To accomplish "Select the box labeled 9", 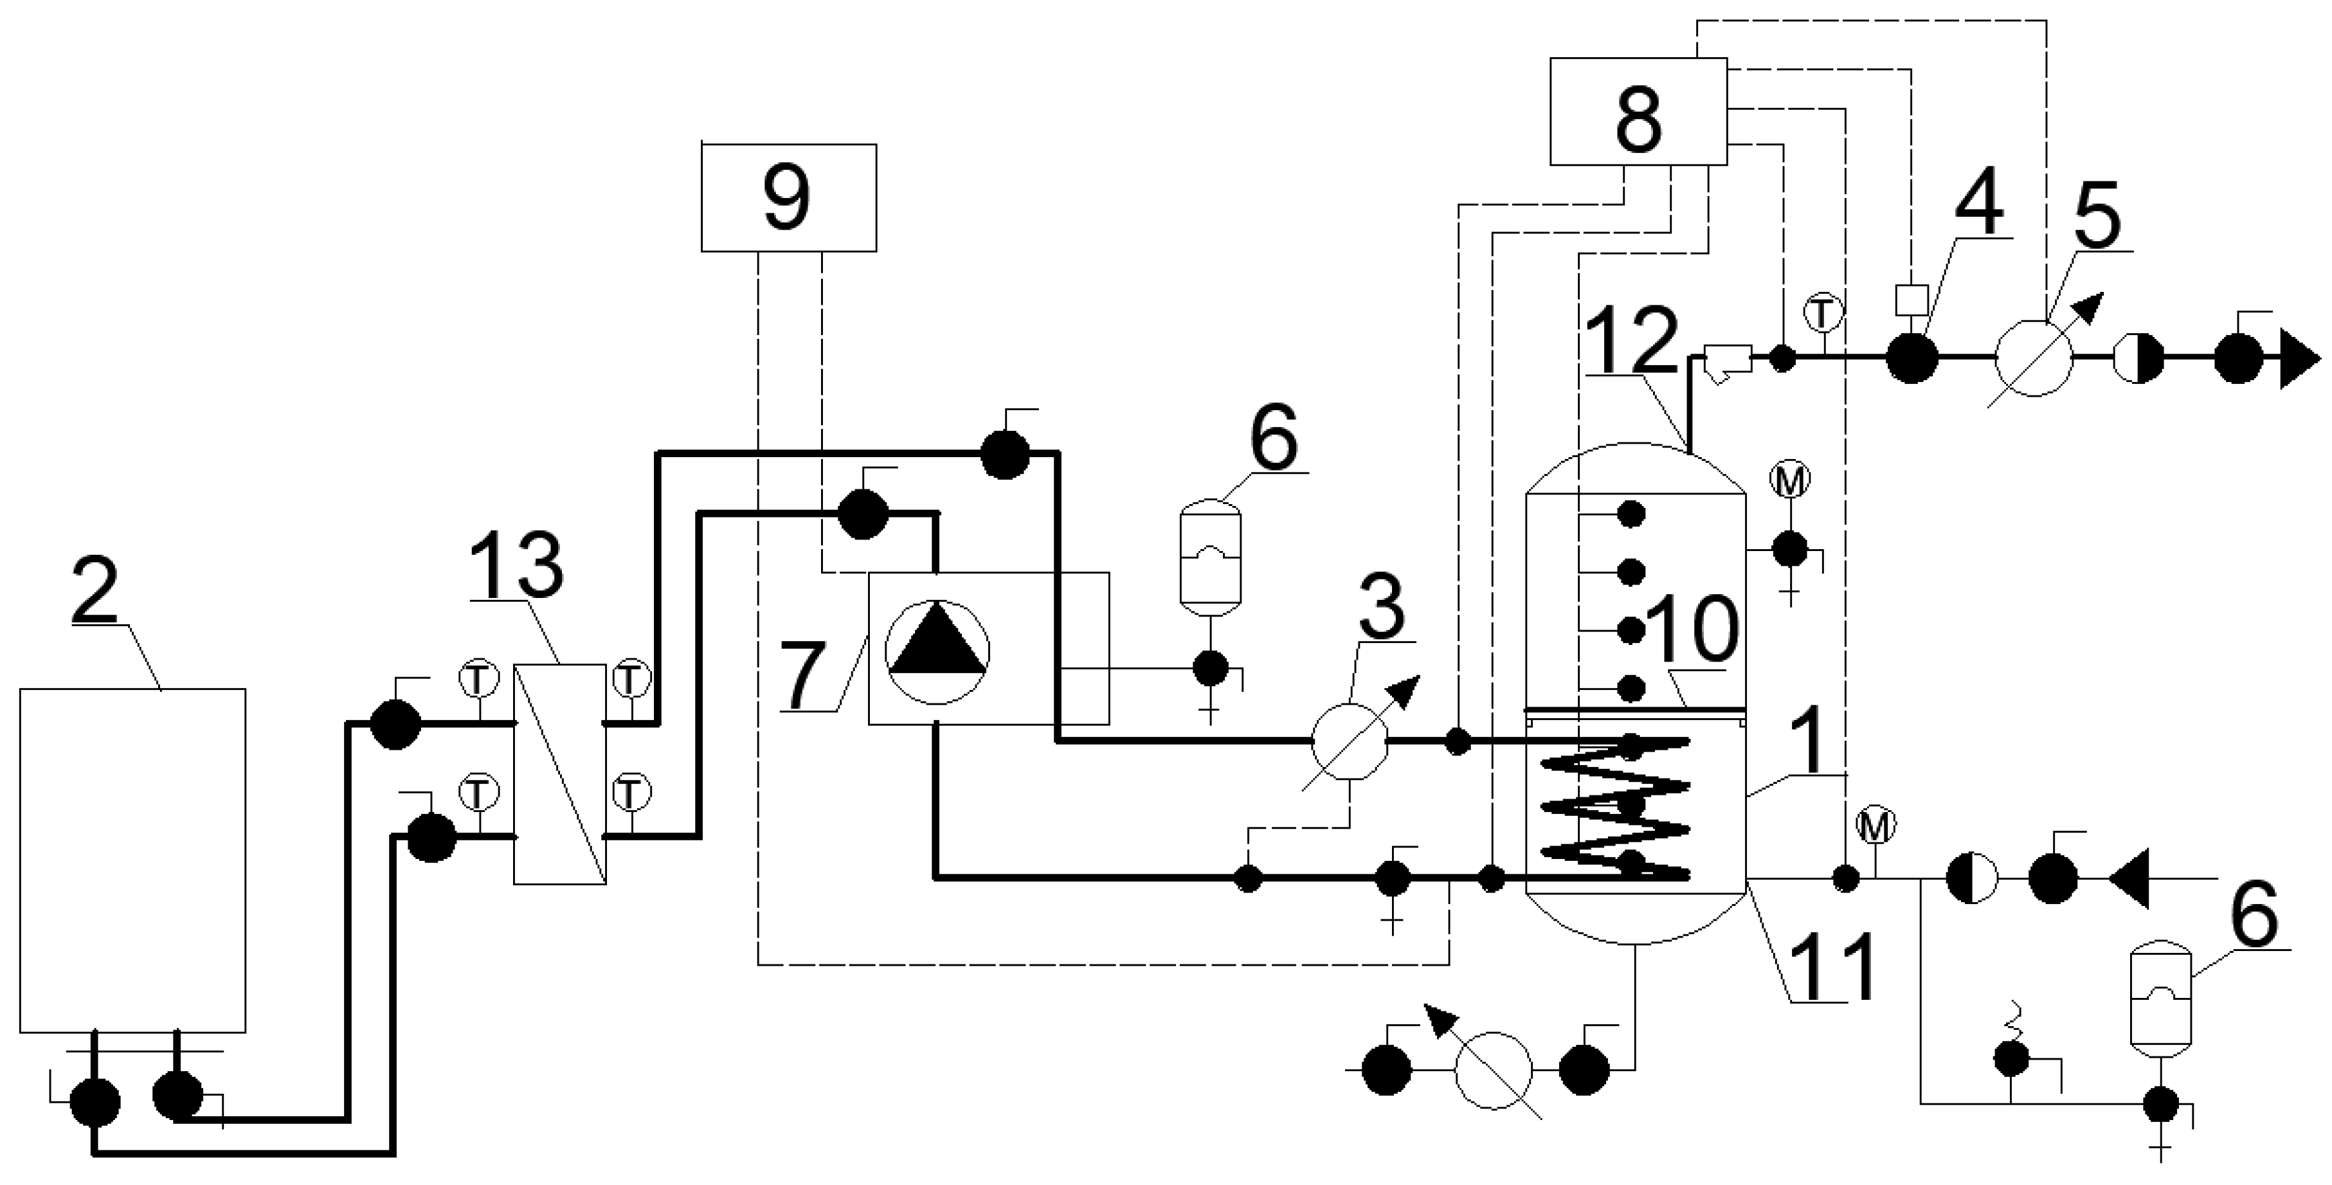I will (x=788, y=197).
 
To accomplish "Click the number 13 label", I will (x=517, y=563).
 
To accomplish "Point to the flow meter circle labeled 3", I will (x=1349, y=741).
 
